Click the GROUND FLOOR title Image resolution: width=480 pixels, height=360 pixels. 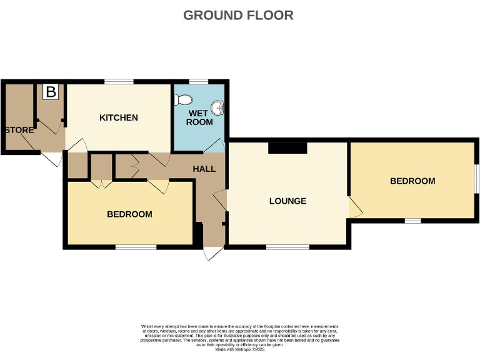point(238,15)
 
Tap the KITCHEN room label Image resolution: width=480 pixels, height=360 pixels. point(119,117)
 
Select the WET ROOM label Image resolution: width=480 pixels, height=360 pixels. point(199,117)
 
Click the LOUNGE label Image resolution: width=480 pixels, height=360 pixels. point(287,201)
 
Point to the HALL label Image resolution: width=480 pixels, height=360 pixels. point(204,169)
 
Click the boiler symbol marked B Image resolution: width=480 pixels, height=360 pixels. point(51,92)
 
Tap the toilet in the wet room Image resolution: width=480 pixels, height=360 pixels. point(183,99)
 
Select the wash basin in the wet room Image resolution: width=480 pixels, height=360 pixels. point(218,108)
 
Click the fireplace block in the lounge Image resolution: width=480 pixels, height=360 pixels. point(287,147)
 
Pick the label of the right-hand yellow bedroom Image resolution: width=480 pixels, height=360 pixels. point(412,181)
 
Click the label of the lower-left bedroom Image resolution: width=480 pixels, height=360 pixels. point(129,214)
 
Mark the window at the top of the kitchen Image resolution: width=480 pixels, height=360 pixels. point(119,81)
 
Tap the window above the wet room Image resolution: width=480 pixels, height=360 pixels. point(198,81)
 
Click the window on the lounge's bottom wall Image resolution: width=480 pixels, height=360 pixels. point(287,247)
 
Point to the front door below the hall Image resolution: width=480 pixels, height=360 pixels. point(213,253)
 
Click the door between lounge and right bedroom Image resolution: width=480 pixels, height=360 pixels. point(354,207)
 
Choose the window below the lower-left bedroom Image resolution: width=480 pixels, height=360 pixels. point(136,247)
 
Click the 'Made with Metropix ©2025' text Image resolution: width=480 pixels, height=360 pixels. point(240,349)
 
